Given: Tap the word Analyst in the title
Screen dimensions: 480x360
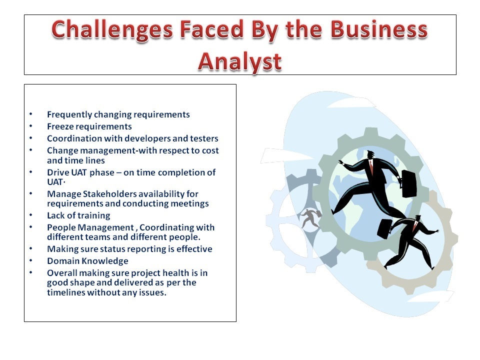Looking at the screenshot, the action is (x=239, y=62).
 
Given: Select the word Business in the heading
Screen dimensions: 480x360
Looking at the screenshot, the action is (x=379, y=29).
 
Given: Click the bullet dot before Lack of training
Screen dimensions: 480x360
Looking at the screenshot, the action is (x=30, y=215).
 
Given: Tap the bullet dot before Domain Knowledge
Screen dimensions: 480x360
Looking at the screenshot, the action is (x=30, y=260).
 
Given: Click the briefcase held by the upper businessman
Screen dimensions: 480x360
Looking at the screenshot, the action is (x=408, y=183).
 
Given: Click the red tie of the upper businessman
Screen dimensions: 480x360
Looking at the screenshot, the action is (x=371, y=167).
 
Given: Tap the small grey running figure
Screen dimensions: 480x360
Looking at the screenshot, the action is (x=310, y=217).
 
